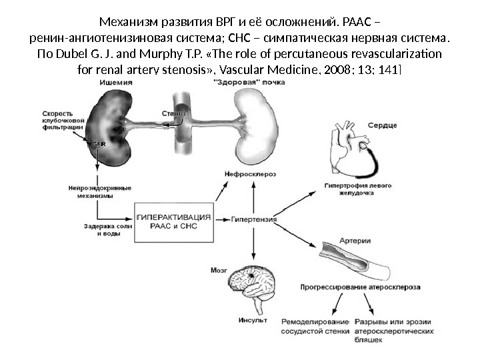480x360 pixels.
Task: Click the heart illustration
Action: point(351,151)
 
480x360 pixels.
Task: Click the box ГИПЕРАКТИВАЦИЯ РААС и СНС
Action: point(175,221)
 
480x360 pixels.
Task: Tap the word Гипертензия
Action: point(254,218)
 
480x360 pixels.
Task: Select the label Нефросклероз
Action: point(251,175)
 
